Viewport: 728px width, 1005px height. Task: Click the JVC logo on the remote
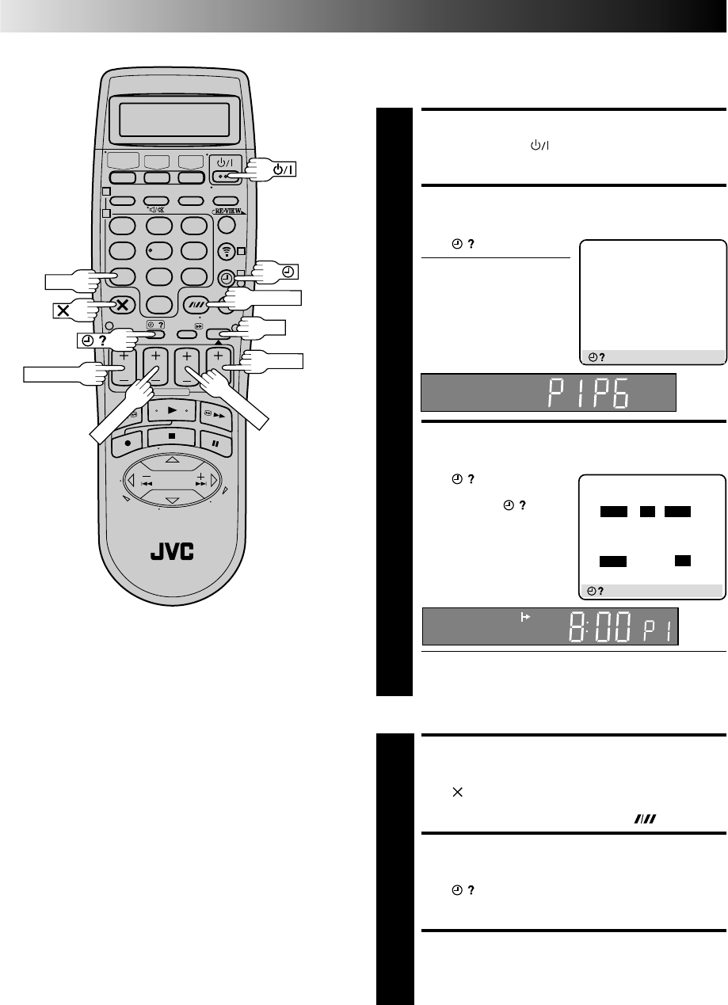point(172,551)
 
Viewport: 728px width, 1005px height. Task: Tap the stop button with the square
point(171,436)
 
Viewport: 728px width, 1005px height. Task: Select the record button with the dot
point(128,443)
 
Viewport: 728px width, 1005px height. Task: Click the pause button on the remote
point(215,443)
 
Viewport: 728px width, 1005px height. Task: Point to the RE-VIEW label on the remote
point(228,211)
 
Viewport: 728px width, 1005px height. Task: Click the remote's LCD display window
point(174,120)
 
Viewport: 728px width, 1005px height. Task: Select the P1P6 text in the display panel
point(588,393)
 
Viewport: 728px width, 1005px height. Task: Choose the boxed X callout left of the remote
point(63,310)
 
